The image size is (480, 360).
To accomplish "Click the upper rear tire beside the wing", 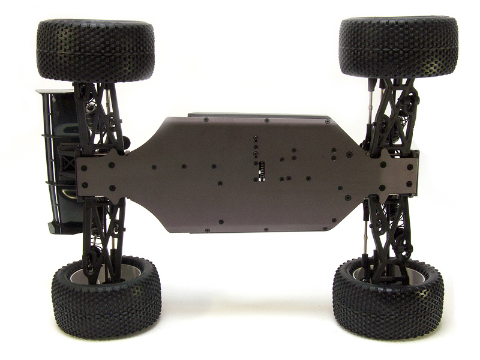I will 95,50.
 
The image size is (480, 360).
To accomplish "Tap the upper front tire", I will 398,47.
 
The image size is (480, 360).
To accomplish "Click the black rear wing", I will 61,162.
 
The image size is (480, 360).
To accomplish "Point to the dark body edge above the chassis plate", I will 258,115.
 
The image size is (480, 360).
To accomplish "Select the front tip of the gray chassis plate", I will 414,174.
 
